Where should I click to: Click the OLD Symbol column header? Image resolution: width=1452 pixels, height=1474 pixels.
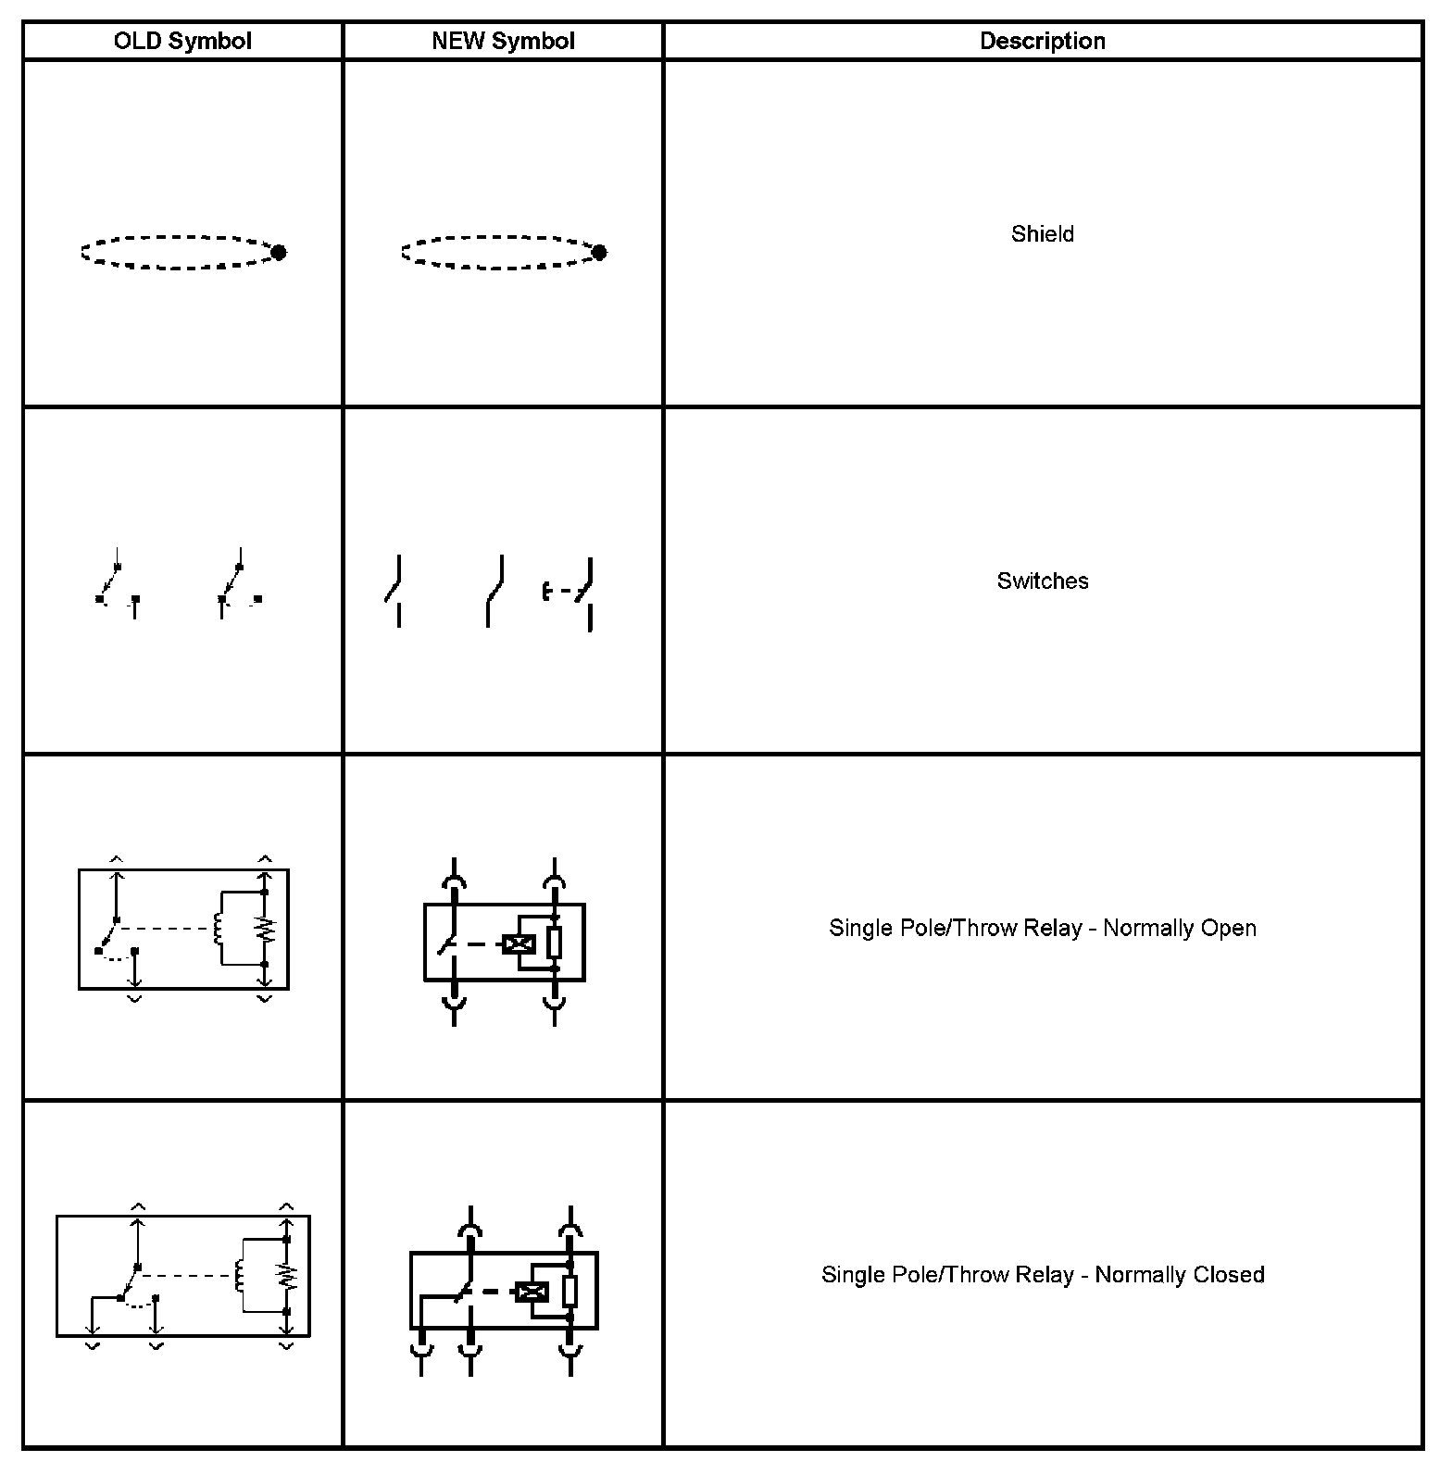point(182,42)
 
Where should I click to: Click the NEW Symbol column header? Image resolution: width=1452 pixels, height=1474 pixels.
point(503,42)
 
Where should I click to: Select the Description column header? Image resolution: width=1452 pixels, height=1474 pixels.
point(1042,42)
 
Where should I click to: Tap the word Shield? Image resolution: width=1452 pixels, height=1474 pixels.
point(1042,234)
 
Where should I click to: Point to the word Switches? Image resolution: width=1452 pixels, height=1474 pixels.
point(1042,581)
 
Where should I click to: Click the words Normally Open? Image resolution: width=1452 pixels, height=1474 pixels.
point(1179,929)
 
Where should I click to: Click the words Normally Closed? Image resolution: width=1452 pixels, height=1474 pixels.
point(1179,1275)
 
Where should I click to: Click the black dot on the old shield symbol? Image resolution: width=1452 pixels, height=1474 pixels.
point(278,252)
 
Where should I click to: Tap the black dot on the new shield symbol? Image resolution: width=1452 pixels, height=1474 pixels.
point(599,252)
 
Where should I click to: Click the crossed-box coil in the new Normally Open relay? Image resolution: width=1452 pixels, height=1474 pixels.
point(519,944)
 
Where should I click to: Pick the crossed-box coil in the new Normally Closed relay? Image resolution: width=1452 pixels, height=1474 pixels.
point(532,1292)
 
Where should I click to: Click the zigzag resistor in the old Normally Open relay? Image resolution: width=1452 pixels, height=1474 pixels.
point(266,929)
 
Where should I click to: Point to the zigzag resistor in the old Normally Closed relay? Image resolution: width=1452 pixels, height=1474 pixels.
point(287,1276)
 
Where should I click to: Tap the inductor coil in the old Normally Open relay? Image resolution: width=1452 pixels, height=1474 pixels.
point(219,929)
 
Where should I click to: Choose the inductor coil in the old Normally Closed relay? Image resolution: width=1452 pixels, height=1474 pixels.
point(241,1276)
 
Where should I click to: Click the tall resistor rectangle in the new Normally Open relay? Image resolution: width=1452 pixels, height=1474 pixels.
point(555,942)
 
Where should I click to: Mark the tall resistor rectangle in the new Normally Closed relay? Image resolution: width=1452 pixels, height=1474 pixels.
point(570,1290)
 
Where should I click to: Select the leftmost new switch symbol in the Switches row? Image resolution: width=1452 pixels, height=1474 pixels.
point(394,591)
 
